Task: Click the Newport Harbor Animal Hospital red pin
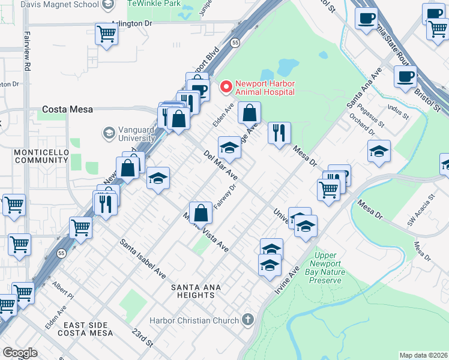226,87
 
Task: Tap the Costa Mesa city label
66,110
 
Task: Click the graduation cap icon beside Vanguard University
109,133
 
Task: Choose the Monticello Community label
41,157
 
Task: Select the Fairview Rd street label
26,50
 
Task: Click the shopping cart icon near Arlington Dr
106,35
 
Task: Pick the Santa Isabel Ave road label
143,259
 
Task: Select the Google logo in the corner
20,353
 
